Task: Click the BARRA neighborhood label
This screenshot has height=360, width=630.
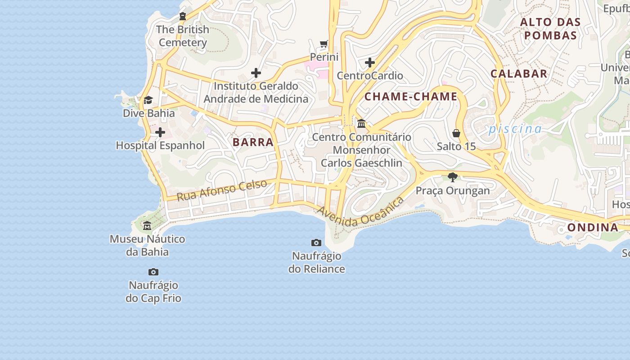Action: point(253,142)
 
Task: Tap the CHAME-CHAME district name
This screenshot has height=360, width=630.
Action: point(410,97)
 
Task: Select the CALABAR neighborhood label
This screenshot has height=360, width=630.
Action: point(519,74)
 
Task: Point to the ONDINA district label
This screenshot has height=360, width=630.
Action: point(593,228)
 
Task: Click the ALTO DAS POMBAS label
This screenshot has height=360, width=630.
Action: point(550,29)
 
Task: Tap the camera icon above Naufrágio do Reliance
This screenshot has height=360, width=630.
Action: point(316,243)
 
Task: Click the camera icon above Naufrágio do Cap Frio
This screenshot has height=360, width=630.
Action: point(153,272)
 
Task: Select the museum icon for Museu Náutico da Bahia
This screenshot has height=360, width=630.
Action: point(147,226)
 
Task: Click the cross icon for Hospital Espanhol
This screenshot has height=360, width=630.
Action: point(160,133)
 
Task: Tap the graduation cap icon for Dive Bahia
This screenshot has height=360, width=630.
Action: point(148,100)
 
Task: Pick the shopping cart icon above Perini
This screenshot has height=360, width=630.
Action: point(324,44)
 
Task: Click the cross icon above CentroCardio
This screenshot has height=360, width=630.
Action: point(370,63)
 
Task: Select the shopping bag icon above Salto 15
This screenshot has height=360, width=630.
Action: point(456,134)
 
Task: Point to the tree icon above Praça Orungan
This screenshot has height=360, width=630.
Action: point(452,177)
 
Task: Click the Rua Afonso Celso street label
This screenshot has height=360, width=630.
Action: point(221,190)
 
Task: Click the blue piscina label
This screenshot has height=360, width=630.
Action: point(515,129)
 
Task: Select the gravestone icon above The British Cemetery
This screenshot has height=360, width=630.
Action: point(183,17)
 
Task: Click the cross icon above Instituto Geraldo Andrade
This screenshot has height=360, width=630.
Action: point(256,73)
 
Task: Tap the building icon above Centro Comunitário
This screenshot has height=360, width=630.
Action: point(361,123)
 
